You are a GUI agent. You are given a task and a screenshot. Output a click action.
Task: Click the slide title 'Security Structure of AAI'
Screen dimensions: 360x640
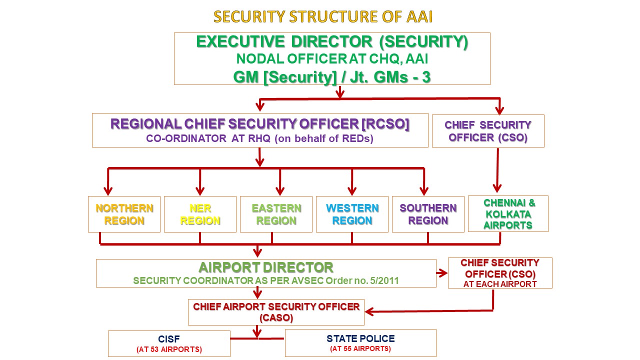(323, 17)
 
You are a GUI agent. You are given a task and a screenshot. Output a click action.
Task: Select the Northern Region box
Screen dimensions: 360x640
(124, 214)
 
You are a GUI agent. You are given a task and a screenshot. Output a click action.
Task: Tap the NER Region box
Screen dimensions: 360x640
(200, 214)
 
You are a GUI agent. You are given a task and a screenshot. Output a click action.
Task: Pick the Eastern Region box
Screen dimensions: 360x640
(276, 214)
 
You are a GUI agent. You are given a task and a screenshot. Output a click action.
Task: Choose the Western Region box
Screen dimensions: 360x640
(352, 214)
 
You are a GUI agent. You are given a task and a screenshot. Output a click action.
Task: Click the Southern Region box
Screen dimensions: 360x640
(428, 214)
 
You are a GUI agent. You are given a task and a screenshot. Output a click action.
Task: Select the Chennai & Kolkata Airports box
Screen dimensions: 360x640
(508, 213)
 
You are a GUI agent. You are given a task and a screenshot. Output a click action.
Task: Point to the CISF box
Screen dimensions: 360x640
(169, 343)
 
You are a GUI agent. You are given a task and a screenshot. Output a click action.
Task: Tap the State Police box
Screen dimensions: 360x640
(360, 343)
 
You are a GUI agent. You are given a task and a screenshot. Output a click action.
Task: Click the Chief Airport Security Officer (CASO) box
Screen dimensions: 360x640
(276, 312)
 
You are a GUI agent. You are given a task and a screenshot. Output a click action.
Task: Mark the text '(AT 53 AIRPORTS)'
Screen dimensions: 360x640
(169, 349)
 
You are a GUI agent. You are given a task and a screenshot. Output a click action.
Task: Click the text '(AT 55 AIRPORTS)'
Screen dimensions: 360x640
(360, 348)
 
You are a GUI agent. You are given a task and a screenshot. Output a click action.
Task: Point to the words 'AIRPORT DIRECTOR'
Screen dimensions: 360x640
(266, 267)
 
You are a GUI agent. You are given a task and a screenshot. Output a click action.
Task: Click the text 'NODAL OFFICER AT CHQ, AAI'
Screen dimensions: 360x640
(332, 59)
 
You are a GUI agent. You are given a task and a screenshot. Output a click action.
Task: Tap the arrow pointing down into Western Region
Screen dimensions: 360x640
(352, 182)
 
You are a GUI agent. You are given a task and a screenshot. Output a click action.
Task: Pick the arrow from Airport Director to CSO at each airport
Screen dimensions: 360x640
(442, 273)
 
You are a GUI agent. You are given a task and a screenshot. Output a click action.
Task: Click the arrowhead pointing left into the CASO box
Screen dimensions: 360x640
(370, 311)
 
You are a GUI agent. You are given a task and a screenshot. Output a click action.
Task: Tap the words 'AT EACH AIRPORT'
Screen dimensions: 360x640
(500, 284)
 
